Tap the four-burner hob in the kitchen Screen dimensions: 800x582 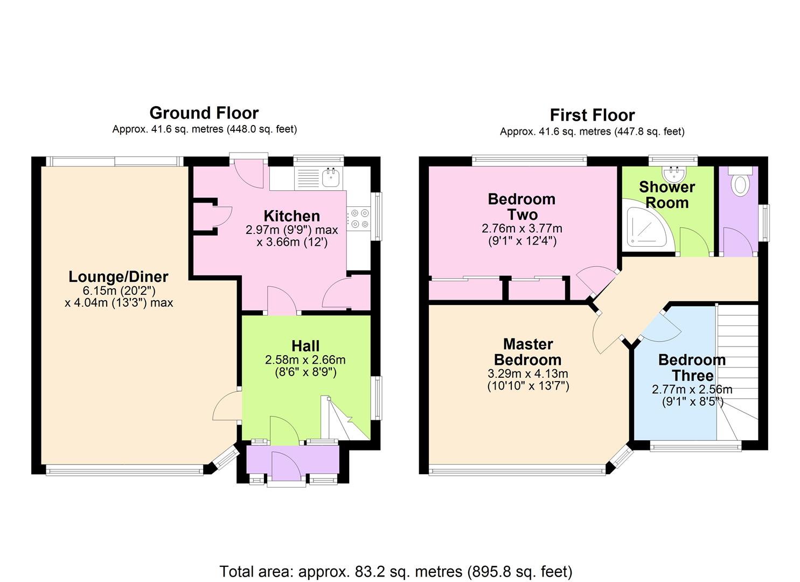359,219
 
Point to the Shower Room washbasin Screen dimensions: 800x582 674,174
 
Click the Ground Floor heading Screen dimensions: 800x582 204,113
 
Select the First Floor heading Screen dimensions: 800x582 592,115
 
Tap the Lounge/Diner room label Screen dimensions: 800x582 118,276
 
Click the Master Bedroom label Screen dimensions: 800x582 528,352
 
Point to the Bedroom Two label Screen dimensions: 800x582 522,207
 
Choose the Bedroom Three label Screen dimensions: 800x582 692,368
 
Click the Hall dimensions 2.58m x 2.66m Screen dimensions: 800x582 305,360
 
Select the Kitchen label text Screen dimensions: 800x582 292,216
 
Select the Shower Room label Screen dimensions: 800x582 667,195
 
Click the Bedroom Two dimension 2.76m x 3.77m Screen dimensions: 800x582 522,228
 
